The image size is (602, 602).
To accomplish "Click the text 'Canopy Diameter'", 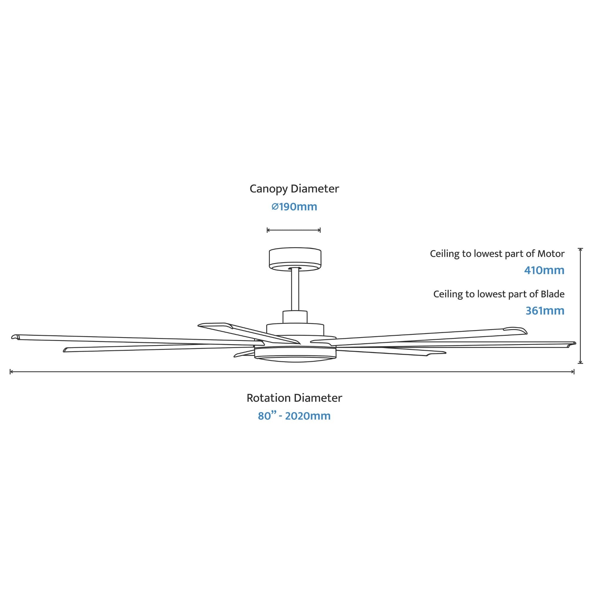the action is tap(294, 189).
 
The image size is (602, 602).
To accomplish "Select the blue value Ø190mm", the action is tap(294, 207).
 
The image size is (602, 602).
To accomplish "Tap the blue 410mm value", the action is tap(544, 270).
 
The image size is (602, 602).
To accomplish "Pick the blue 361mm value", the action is tap(545, 311).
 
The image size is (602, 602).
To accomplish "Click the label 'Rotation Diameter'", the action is tap(294, 398).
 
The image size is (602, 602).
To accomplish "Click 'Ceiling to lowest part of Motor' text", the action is tap(497, 254).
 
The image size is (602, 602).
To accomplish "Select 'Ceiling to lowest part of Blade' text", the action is tap(499, 295).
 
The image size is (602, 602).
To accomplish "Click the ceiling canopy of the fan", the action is tap(295, 259).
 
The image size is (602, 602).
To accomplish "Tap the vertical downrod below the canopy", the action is tap(295, 289).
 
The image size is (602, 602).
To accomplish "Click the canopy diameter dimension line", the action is tap(294, 230).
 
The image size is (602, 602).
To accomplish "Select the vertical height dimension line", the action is tap(580, 306).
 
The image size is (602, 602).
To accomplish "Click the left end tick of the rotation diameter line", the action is tap(10, 372).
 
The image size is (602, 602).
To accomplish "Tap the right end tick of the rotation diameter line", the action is tap(574, 372).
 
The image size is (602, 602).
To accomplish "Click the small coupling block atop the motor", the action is tap(295, 317).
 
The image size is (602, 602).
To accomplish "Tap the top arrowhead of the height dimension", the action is tap(580, 249).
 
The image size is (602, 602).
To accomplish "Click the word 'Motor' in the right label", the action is tap(551, 254).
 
